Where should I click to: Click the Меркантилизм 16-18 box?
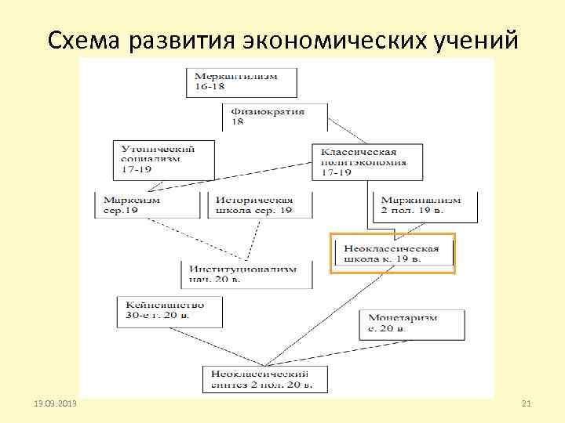[242, 83]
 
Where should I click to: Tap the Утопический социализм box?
[163, 159]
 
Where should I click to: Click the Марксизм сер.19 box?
[146, 204]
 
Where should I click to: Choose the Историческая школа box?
[260, 204]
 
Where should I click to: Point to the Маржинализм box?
[422, 204]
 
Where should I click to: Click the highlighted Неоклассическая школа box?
[392, 253]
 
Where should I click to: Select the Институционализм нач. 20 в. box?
[242, 273]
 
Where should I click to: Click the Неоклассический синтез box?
[264, 379]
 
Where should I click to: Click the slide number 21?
[527, 403]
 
